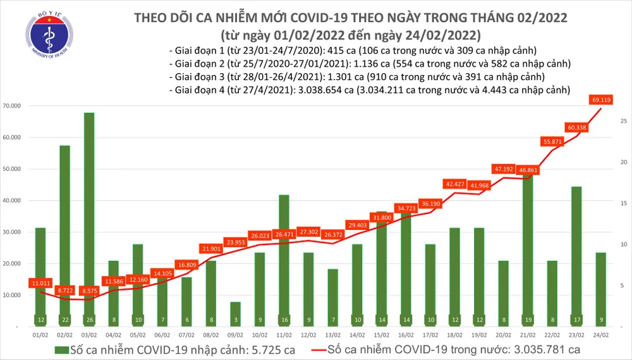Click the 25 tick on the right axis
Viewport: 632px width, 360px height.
(x=623, y=121)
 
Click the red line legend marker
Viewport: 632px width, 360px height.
(x=326, y=348)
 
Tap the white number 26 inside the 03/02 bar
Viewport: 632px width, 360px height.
(x=89, y=320)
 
